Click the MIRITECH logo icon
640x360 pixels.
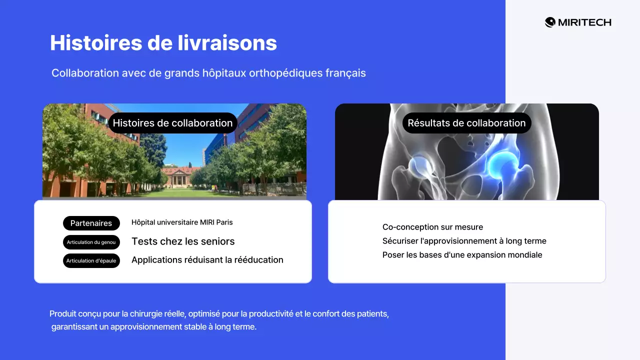tap(550, 22)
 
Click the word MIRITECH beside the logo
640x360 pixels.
tap(584, 22)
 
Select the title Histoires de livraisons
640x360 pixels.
tap(163, 43)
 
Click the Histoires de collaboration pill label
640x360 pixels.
tap(172, 123)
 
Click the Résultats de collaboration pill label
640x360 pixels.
tap(466, 123)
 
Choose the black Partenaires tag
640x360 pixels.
tap(91, 223)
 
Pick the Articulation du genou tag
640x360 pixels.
tap(91, 242)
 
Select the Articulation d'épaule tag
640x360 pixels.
tap(91, 261)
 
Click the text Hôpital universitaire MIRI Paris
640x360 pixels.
tap(182, 222)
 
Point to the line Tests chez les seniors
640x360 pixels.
tap(183, 241)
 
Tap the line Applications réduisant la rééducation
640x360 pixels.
tap(207, 260)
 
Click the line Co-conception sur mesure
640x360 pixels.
tap(432, 227)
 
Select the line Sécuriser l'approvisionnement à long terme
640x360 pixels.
tap(464, 241)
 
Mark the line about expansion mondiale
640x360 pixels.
tap(462, 255)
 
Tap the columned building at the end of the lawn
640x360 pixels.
tap(181, 176)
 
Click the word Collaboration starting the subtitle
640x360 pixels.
tap(85, 73)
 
